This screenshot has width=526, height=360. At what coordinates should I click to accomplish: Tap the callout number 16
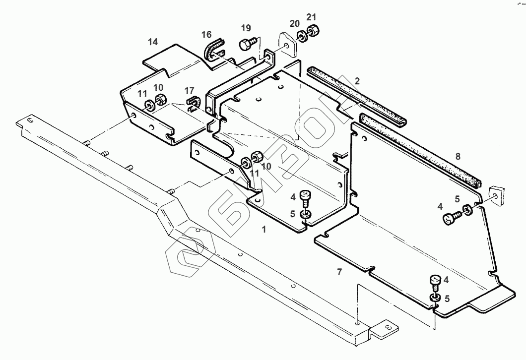(206, 34)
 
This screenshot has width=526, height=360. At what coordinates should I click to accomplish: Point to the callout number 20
(295, 24)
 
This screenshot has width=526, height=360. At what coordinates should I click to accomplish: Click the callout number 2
(357, 81)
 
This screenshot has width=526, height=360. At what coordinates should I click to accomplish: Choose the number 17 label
(189, 91)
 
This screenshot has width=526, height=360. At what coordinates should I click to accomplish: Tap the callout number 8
(458, 156)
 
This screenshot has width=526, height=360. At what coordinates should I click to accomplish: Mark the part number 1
(264, 229)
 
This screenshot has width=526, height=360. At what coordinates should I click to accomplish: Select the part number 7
(339, 271)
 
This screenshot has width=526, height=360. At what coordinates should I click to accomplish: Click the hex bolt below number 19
(246, 45)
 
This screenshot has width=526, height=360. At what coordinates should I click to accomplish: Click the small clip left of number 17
(192, 103)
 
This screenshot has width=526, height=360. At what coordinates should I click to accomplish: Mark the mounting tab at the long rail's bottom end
(386, 328)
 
